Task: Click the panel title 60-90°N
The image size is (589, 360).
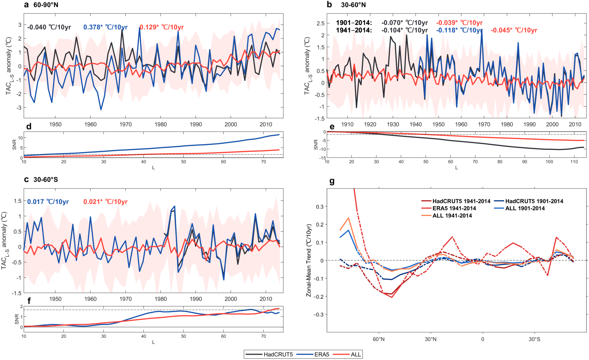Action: (x=46, y=5)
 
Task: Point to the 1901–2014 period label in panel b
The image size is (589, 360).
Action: (x=354, y=23)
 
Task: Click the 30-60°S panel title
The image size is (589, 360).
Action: (x=46, y=179)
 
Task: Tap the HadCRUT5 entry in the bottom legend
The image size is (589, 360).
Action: (x=278, y=354)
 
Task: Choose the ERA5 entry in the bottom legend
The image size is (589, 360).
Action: (x=322, y=354)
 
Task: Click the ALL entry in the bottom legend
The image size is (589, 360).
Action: (x=356, y=354)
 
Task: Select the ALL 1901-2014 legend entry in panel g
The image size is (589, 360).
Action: (x=525, y=208)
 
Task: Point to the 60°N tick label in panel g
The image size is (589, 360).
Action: (x=378, y=339)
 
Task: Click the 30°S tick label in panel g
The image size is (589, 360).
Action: (x=534, y=339)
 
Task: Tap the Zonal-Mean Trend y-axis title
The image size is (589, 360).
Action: (x=309, y=260)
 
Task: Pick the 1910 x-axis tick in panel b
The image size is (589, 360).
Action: (x=347, y=124)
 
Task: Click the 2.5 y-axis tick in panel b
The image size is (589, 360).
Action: (x=321, y=23)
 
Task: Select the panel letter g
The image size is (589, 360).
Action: (x=332, y=181)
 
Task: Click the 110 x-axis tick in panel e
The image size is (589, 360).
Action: (x=574, y=161)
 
